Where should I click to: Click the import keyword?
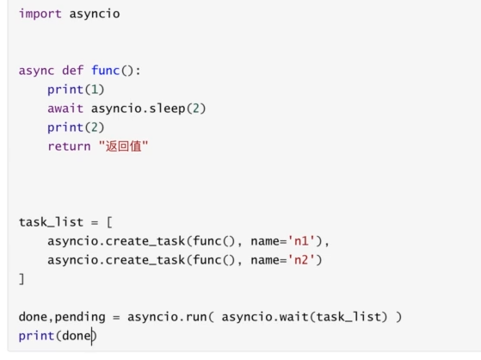point(40,14)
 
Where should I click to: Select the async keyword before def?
point(36,71)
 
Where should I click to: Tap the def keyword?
point(72,71)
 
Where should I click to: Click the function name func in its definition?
point(105,71)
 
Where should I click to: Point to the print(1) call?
point(76,90)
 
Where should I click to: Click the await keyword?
point(65,109)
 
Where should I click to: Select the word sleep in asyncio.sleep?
point(167,109)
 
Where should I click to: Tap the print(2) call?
point(76,127)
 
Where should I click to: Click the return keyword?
point(69,146)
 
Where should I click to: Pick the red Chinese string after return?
point(123,146)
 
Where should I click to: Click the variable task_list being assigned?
point(51,222)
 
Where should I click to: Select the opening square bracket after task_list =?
point(109,222)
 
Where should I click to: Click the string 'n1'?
point(301,241)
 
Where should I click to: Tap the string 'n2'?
point(301,260)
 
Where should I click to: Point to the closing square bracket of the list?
point(22,279)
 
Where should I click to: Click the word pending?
point(80,317)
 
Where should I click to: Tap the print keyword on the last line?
point(36,336)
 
